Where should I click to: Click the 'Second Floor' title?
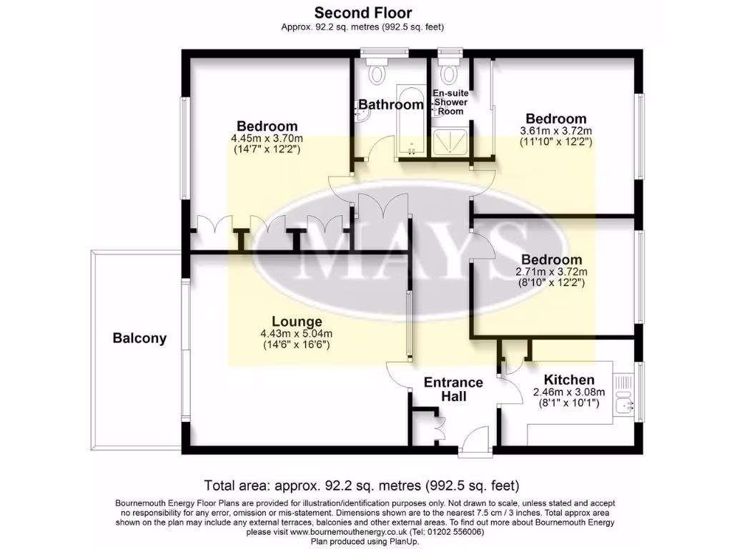pos(363,12)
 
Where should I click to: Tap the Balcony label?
pos(139,338)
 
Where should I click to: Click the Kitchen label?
pos(569,380)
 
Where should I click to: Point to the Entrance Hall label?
pos(453,388)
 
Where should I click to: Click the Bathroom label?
pos(390,105)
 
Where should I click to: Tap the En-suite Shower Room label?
pos(450,102)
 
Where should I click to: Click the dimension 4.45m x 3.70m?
pos(267,139)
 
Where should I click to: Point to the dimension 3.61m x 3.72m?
pos(555,131)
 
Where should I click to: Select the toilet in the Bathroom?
pos(377,69)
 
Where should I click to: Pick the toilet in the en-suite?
pos(450,69)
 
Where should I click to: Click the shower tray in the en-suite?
pos(451,142)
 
